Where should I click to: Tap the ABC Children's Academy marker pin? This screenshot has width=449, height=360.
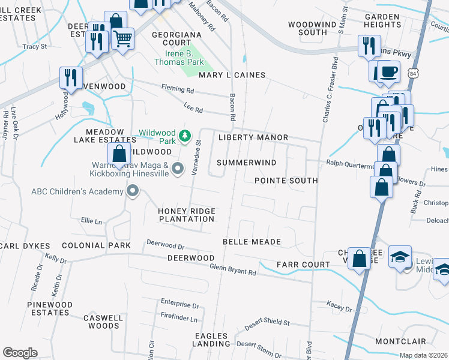[x=133, y=191]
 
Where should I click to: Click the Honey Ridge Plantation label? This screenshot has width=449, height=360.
[x=186, y=215]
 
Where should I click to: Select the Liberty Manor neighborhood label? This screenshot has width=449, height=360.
[x=253, y=137]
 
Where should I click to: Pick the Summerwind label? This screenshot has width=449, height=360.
[x=246, y=163]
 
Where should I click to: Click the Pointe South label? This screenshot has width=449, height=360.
[x=286, y=180]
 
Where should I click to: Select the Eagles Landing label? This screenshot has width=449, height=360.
[x=211, y=340]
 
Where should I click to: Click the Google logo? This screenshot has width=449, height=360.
[x=20, y=353]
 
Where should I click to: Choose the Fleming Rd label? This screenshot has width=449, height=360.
[x=177, y=90]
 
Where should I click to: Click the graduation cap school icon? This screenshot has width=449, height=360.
[x=400, y=257]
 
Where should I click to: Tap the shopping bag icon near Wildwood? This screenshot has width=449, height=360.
[x=119, y=154]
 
